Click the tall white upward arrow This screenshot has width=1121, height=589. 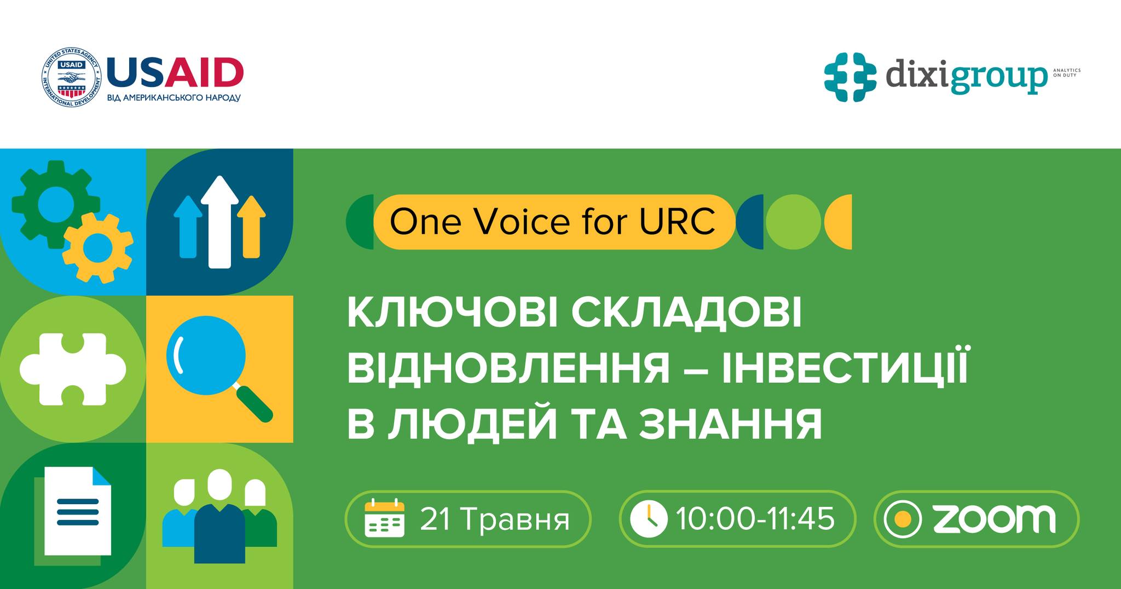(219, 222)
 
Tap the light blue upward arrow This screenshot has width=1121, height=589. (188, 227)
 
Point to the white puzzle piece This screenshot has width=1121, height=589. (72, 369)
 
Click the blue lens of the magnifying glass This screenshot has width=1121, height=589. (205, 355)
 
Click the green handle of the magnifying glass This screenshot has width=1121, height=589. (255, 405)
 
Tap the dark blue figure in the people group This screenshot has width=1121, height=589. (219, 532)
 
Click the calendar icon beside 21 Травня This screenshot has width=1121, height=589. (384, 518)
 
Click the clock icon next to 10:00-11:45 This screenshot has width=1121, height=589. (649, 519)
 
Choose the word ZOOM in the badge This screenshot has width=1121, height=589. (993, 519)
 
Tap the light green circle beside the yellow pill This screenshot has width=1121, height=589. (793, 222)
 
